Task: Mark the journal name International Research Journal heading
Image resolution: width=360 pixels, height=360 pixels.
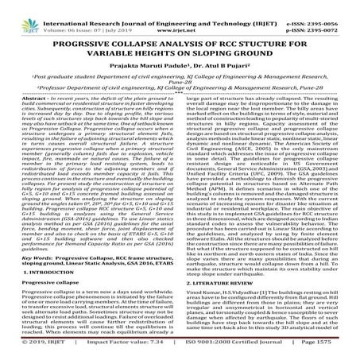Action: coord(127,7)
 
